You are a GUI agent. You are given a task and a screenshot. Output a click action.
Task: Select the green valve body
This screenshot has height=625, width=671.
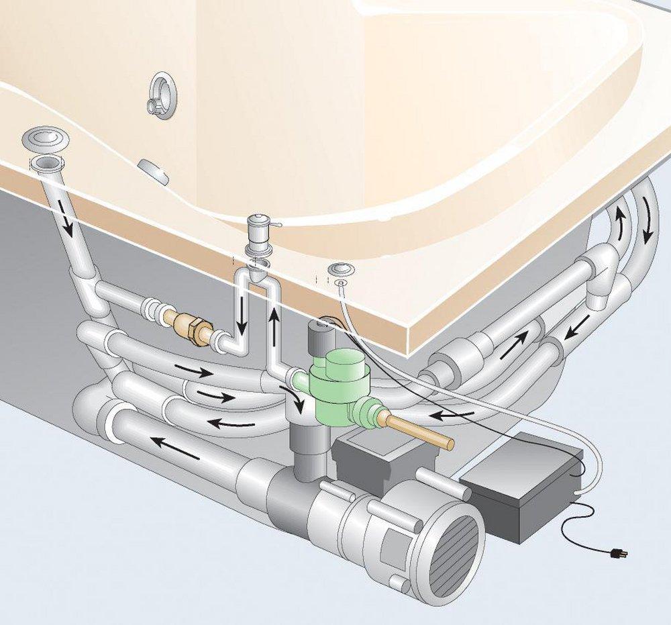[x=339, y=389]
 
